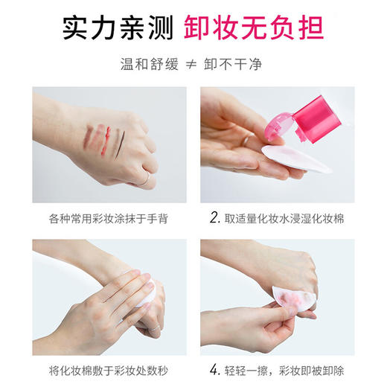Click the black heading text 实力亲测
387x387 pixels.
point(127,28)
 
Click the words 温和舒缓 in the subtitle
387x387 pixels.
point(149,65)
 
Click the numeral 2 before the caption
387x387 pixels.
point(214,219)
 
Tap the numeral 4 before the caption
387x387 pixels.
point(214,370)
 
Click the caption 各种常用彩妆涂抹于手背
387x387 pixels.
point(109,220)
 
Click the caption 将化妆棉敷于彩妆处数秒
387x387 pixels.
point(109,370)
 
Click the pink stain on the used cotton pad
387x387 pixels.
point(287,304)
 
